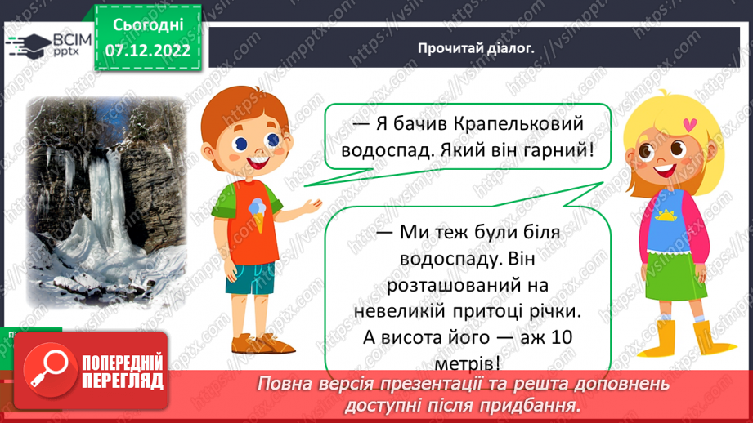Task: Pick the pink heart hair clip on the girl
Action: [692, 125]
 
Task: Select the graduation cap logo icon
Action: [30, 44]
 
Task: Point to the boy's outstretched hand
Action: [311, 203]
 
